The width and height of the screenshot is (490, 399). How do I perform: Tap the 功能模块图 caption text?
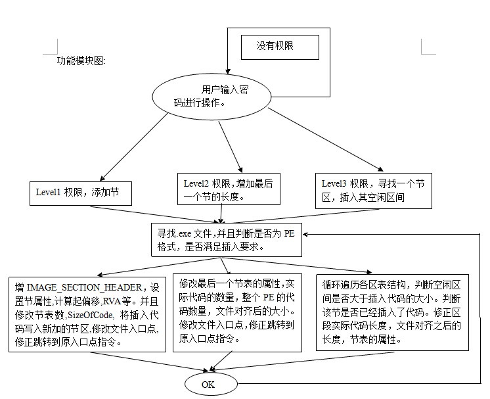coord(81,60)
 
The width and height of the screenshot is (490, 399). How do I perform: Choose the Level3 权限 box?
coord(374,190)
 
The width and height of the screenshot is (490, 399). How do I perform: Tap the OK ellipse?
coord(208,384)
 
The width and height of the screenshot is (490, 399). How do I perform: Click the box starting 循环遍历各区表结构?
coord(391,311)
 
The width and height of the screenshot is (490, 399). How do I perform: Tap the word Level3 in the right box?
coord(334,183)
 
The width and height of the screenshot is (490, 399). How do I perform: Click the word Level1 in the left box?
coord(49,193)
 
